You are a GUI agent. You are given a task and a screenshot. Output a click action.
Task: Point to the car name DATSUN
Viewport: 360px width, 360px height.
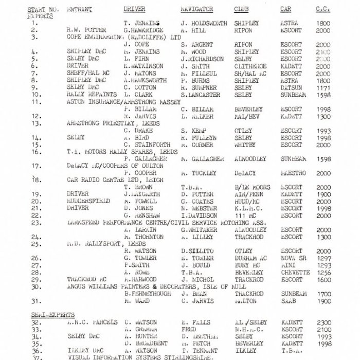(x=291, y=88)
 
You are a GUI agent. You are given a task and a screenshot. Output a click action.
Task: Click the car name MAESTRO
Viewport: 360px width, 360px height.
(x=293, y=174)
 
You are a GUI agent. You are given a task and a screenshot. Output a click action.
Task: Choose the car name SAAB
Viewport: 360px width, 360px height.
(x=287, y=301)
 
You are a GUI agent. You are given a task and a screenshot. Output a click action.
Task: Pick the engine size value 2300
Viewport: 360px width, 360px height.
(x=324, y=322)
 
